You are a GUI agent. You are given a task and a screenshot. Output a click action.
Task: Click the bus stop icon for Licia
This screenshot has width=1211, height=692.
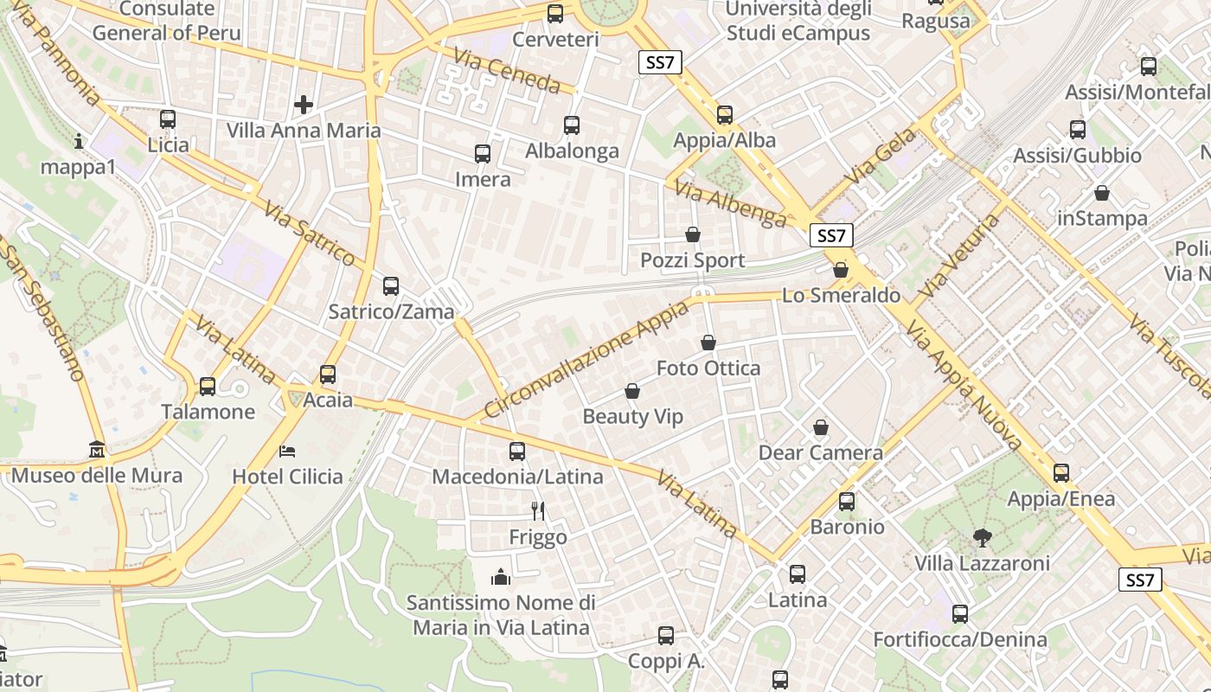168,119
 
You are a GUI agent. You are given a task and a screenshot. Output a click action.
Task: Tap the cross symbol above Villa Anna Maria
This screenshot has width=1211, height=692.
304,105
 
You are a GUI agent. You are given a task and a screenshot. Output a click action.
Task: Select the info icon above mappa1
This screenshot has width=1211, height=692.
80,141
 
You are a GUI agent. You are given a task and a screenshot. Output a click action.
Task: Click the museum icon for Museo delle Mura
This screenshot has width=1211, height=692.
97,450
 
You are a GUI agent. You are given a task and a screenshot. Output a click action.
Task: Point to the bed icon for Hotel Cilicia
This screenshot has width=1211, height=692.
287,451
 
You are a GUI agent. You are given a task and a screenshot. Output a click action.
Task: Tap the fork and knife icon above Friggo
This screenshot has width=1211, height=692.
538,511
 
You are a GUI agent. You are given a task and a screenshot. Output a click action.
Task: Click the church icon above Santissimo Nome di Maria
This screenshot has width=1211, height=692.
501,577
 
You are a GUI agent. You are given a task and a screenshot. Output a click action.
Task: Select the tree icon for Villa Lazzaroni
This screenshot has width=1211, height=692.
982,538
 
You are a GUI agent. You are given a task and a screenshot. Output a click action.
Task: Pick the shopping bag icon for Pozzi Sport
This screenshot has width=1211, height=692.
693,234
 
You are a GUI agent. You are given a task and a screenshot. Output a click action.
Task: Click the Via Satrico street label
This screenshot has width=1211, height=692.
311,234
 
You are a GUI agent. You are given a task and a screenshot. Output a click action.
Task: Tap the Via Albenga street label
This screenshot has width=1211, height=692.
731,205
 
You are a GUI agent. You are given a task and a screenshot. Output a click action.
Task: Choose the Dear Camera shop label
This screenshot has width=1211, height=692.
820,452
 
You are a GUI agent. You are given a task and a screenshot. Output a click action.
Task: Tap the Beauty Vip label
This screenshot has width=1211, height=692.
633,417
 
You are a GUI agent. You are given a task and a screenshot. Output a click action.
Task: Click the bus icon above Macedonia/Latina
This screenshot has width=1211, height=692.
517,451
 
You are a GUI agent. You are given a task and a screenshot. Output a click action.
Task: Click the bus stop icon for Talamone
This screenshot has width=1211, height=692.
208,387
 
